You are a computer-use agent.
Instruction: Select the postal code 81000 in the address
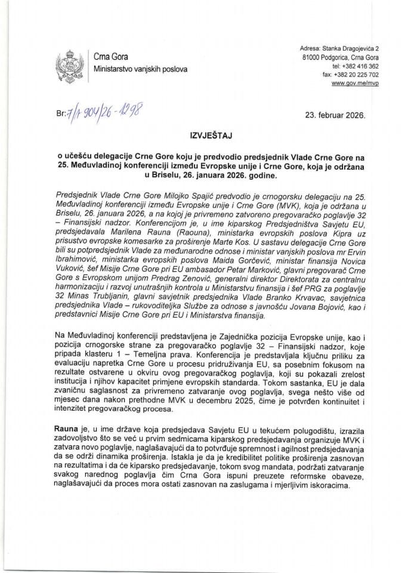(314, 57)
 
